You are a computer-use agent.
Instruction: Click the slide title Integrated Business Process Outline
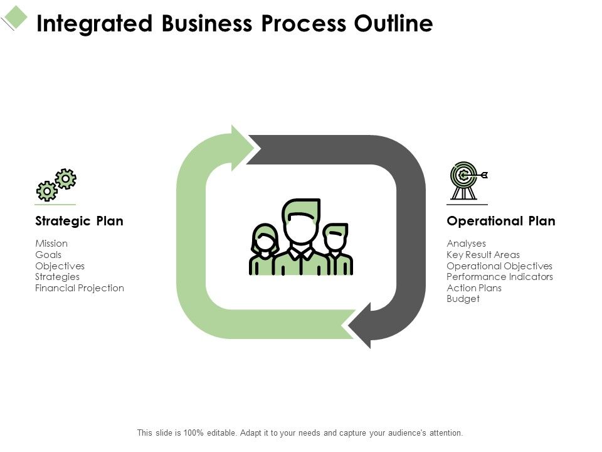235,23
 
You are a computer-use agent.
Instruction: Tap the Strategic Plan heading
79,221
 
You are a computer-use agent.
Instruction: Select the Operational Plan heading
500,221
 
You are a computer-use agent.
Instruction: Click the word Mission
51,244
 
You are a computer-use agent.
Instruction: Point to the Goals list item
48,255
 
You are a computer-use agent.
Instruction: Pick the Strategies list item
57,277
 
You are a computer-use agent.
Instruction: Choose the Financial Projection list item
80,288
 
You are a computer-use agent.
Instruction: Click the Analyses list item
466,244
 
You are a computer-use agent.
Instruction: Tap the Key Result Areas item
483,255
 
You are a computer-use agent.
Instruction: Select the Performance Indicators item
500,277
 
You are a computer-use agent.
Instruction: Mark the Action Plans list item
474,288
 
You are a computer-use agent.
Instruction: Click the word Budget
463,299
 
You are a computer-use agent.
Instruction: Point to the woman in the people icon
265,248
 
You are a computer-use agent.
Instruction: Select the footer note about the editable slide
300,433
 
